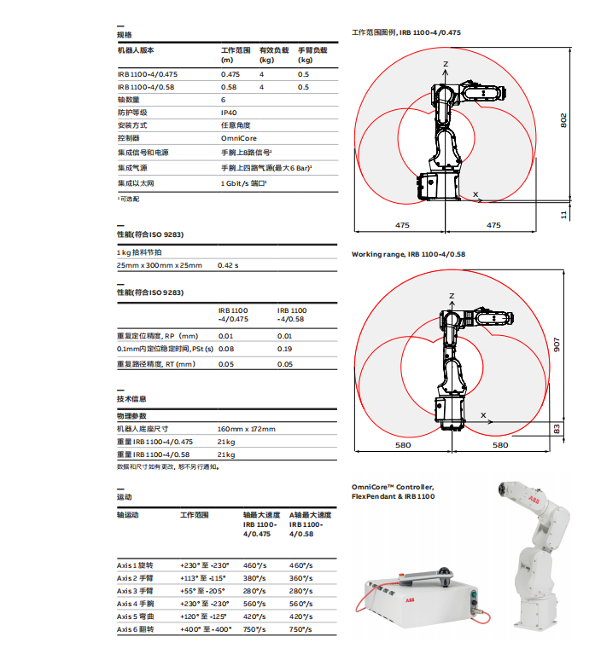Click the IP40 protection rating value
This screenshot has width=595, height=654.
click(x=229, y=113)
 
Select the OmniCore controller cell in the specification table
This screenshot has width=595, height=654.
click(x=238, y=138)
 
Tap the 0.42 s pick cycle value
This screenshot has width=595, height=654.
click(x=229, y=265)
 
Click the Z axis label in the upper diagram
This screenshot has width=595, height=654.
click(x=446, y=65)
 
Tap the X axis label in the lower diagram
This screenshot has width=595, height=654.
click(x=483, y=415)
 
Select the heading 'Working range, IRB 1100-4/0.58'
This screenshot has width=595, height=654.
click(x=408, y=254)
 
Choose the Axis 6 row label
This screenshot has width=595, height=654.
click(x=136, y=629)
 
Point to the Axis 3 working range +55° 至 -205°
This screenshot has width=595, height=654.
click(x=204, y=591)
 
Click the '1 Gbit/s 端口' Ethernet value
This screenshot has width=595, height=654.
click(x=243, y=183)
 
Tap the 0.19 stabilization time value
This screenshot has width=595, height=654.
click(x=285, y=349)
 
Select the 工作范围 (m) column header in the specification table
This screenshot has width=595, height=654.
click(x=236, y=55)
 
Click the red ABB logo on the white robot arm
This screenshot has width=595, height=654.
click(x=534, y=499)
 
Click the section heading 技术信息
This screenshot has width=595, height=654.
click(x=131, y=399)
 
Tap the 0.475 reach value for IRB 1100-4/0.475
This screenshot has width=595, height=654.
click(x=230, y=75)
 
